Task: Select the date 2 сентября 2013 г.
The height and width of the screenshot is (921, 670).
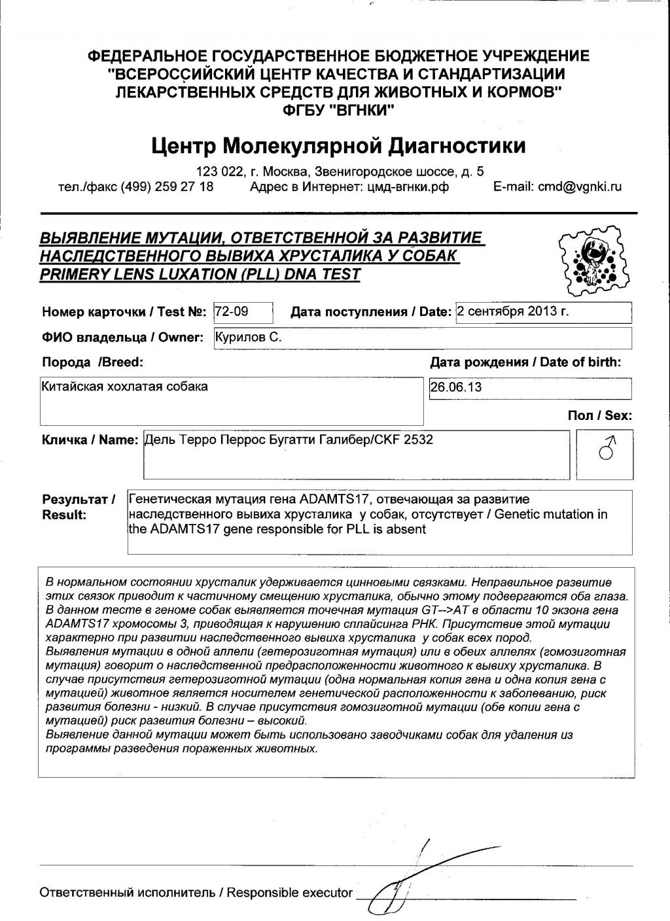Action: (x=513, y=311)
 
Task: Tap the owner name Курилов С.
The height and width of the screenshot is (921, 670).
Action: (x=249, y=338)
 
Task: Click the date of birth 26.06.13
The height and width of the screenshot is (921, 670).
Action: (x=456, y=387)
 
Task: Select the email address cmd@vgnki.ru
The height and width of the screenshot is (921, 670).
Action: (x=580, y=186)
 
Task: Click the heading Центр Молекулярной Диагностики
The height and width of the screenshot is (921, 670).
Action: (x=338, y=145)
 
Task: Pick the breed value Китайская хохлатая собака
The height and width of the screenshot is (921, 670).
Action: (x=124, y=387)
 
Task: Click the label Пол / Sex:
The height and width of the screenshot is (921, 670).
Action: (x=599, y=415)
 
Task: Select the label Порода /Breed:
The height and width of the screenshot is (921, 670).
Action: (x=92, y=362)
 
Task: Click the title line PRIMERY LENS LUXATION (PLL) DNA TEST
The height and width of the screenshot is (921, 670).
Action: (x=200, y=274)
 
